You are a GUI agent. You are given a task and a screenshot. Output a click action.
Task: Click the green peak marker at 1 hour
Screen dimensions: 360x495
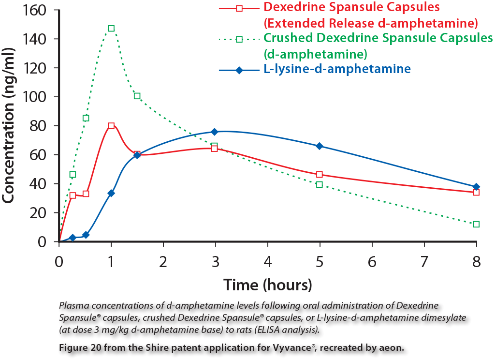tap(111, 29)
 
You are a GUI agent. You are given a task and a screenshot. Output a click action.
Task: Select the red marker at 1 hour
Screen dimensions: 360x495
tap(111, 125)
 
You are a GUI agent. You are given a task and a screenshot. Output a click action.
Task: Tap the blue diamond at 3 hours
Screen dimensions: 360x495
tap(215, 132)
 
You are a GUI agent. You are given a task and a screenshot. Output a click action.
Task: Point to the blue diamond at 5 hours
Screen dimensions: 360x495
tap(319, 146)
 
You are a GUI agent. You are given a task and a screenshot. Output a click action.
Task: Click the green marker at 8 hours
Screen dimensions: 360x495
tap(476, 224)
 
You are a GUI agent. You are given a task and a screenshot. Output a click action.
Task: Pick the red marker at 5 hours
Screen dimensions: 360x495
tap(319, 174)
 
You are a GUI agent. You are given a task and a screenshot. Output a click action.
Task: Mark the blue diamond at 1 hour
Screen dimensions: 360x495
tap(111, 193)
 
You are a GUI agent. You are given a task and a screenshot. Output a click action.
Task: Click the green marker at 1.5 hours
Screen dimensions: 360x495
tap(137, 96)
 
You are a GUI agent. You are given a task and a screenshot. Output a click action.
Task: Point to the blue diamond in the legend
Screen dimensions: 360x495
tap(239, 70)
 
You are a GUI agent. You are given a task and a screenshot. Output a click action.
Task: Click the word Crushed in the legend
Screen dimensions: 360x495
tap(285, 38)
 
